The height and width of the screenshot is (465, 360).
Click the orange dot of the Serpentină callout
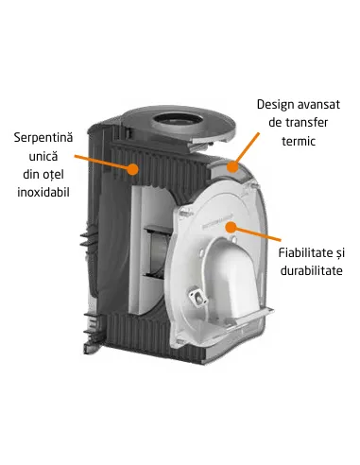click(x=136, y=171)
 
